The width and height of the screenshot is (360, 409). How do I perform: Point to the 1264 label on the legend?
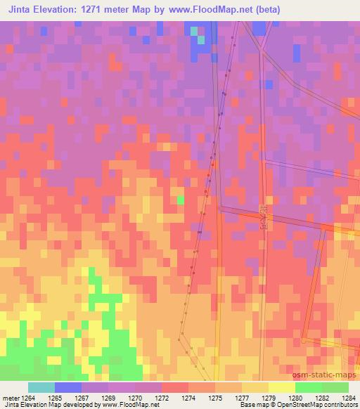tap(26, 398)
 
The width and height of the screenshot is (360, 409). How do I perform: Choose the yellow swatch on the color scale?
tap(281, 387)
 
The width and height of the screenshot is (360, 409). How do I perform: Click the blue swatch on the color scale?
tap(67, 387)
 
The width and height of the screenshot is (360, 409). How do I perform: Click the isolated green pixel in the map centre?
tap(181, 200)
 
